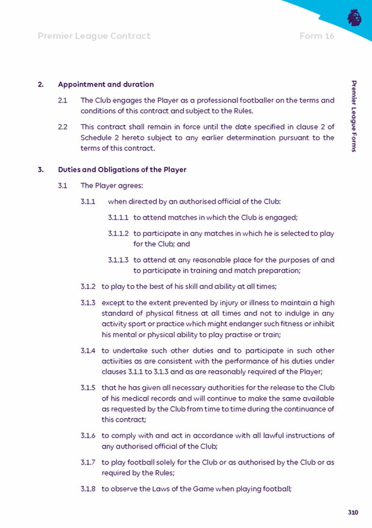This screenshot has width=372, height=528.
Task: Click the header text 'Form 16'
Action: click(x=317, y=36)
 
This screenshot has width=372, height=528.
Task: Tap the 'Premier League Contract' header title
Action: click(x=94, y=36)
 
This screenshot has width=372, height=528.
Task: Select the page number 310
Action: click(x=353, y=512)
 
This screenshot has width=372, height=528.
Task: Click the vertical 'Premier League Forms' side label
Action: click(x=355, y=117)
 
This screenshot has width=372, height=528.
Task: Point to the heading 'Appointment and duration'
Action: click(x=106, y=84)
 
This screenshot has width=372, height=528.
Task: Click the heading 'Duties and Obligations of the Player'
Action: click(x=122, y=170)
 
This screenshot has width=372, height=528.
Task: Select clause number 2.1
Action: click(x=62, y=101)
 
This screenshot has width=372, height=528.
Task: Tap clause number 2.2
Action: click(x=62, y=127)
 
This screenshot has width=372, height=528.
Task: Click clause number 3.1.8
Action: click(x=88, y=489)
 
